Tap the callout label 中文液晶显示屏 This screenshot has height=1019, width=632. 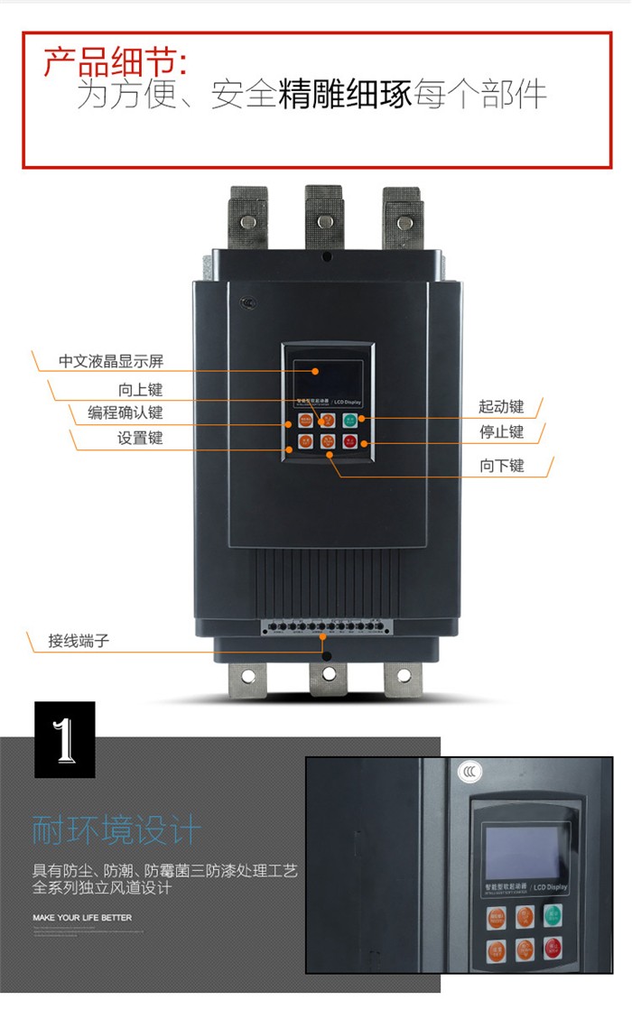coord(111,362)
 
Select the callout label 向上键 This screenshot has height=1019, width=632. coord(140,390)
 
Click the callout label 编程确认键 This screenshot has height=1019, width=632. coord(125,413)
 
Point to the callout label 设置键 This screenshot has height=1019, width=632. coord(140,439)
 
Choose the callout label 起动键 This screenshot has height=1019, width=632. coord(501,407)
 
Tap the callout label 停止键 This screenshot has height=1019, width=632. coord(501,432)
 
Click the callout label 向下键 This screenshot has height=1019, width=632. coord(501,467)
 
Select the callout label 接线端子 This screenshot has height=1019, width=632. coord(79,642)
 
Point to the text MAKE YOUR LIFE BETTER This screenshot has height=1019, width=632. coord(82,917)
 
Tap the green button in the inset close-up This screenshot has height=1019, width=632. coord(552,915)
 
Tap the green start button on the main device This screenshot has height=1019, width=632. coord(349,420)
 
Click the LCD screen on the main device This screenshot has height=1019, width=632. coord(327,371)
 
